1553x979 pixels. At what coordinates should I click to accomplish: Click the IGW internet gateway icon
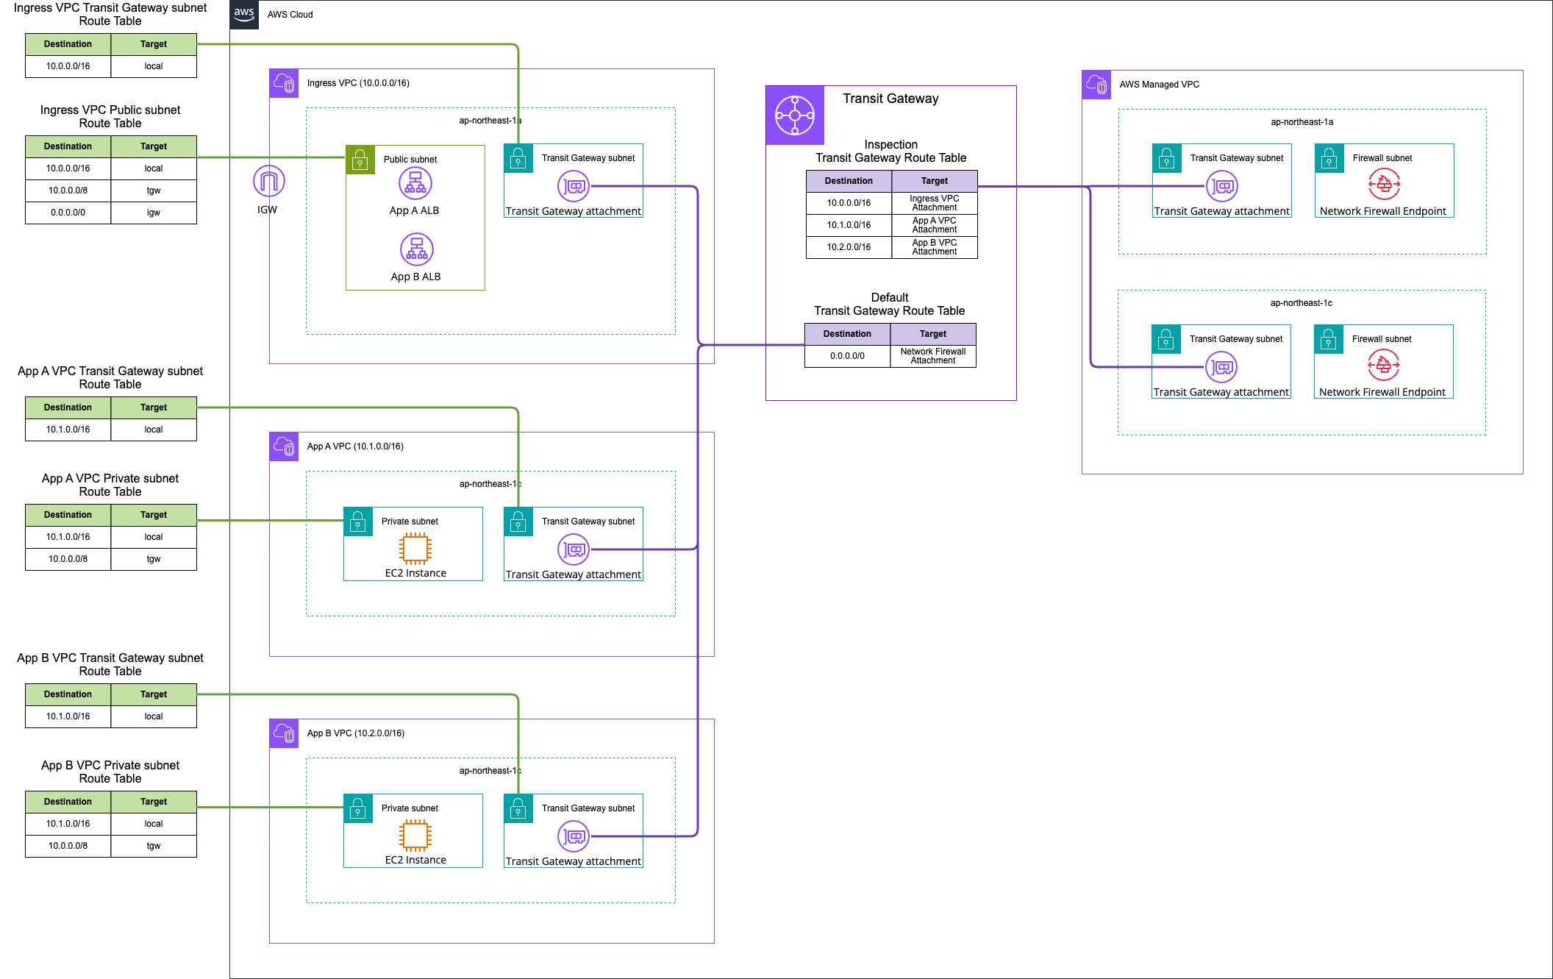(x=269, y=181)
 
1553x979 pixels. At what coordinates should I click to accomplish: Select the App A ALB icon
(x=415, y=184)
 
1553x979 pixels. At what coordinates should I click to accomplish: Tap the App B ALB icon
(x=417, y=249)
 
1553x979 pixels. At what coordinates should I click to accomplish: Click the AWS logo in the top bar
(x=244, y=14)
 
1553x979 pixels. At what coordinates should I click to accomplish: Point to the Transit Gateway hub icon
(x=795, y=115)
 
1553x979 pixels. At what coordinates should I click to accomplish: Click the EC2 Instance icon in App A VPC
(x=415, y=549)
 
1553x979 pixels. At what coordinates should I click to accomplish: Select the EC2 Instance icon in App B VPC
(x=415, y=836)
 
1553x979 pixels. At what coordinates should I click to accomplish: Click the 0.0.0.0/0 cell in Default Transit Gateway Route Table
(x=847, y=356)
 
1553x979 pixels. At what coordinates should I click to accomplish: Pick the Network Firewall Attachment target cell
(x=933, y=356)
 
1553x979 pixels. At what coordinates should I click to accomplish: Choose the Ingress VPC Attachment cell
(x=935, y=203)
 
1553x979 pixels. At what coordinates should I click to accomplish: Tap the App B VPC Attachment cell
(x=935, y=247)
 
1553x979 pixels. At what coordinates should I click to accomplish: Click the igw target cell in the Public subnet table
(x=154, y=213)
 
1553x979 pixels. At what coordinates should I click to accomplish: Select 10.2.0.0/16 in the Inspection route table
(x=849, y=247)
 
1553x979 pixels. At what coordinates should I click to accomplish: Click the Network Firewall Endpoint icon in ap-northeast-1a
(x=1384, y=185)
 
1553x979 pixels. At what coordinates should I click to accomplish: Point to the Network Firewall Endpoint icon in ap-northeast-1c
(x=1383, y=365)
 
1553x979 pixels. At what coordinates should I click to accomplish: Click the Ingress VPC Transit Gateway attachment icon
(x=574, y=187)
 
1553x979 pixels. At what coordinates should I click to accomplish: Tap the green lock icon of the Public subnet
(x=360, y=160)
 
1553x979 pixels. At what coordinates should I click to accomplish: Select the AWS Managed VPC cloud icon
(x=1096, y=85)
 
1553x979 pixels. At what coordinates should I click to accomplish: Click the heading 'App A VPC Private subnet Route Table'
(x=110, y=485)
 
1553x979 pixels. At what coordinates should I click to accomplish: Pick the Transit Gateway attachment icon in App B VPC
(x=574, y=836)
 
